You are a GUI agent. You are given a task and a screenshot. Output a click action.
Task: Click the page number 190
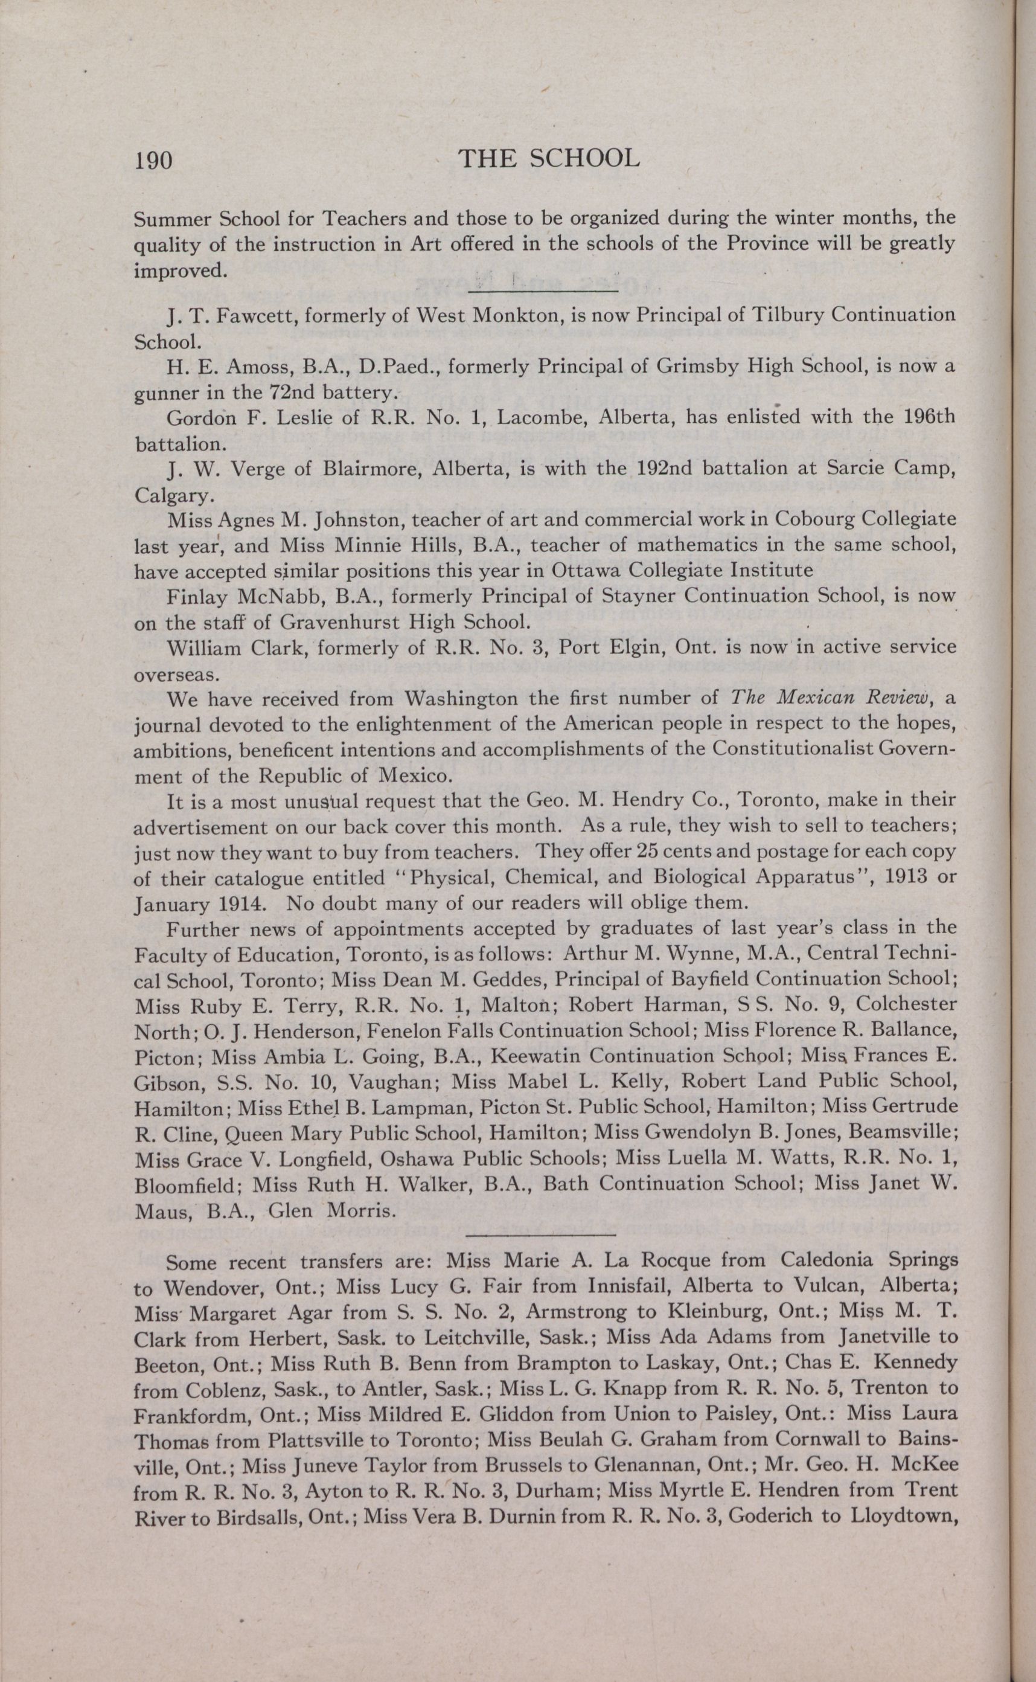153,161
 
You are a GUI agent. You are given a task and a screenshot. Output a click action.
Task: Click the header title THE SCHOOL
548,159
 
